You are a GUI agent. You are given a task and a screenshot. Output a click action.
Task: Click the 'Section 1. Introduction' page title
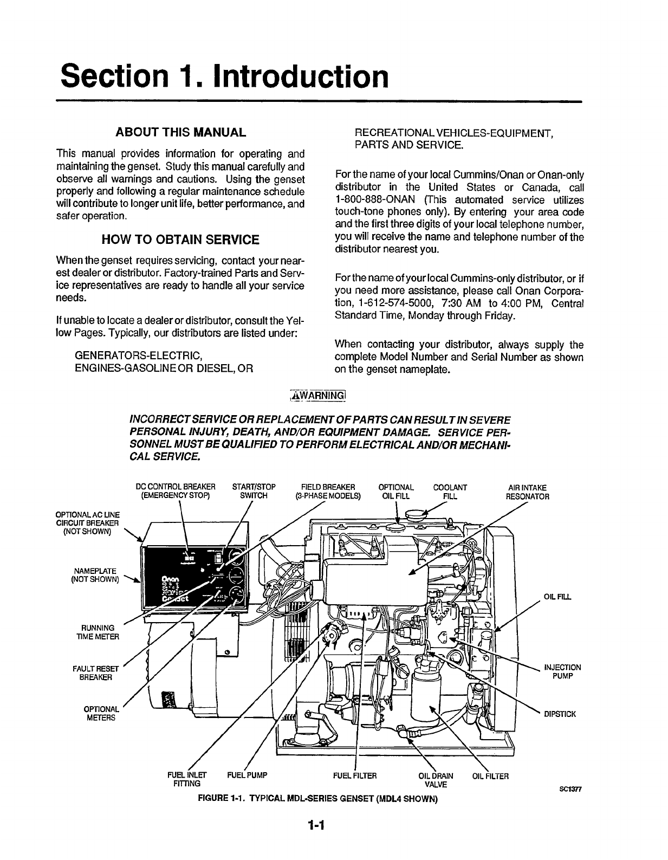point(225,77)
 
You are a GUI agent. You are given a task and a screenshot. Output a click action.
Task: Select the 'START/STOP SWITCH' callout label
point(254,491)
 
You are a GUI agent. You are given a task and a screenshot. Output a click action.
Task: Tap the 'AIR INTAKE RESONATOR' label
point(527,492)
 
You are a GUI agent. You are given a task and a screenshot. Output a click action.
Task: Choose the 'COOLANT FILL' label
point(450,491)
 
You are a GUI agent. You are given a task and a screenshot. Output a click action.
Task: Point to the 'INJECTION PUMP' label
point(562,671)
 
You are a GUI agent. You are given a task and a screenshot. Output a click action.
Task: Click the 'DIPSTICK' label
point(560,714)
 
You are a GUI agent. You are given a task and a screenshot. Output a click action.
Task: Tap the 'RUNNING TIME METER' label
point(98,632)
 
